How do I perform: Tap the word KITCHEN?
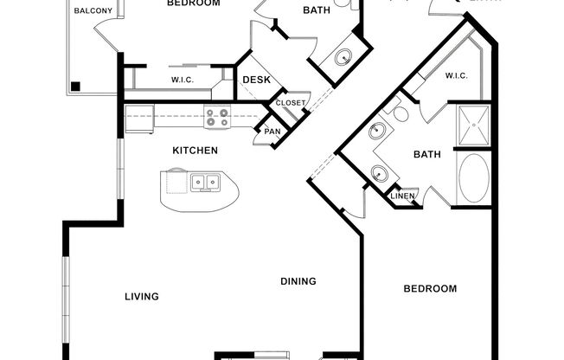click(x=195, y=151)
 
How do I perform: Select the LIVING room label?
click(x=142, y=297)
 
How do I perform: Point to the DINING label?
click(x=298, y=281)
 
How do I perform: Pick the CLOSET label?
click(x=291, y=104)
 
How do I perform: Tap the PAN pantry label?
click(x=272, y=132)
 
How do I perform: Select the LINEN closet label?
click(x=403, y=196)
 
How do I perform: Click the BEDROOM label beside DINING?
click(x=430, y=289)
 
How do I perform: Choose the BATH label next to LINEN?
click(x=427, y=155)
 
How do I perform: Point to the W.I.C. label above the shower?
click(x=456, y=74)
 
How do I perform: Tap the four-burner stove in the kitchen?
click(x=217, y=117)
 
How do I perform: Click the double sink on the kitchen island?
click(x=205, y=183)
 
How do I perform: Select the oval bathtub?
click(x=472, y=178)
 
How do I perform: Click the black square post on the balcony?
click(x=76, y=86)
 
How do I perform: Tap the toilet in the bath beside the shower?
click(x=400, y=112)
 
